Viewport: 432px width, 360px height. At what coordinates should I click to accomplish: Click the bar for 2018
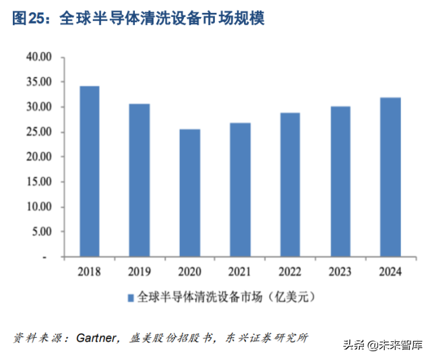(89, 171)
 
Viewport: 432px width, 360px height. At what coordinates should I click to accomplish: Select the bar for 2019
(139, 180)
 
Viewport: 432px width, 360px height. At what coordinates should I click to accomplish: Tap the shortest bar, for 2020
(189, 193)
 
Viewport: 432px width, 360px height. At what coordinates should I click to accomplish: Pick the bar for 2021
(239, 189)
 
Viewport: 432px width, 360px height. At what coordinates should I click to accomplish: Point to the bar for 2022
(290, 185)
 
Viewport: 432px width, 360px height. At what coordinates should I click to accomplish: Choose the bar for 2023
(340, 181)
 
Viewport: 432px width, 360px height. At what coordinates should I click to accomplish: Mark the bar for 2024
(390, 177)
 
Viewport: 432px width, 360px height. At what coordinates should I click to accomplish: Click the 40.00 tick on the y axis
(39, 57)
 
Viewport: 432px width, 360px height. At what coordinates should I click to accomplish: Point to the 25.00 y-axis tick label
(39, 132)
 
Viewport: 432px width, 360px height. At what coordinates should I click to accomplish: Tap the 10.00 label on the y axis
(39, 207)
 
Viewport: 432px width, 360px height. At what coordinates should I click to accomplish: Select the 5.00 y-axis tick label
(42, 232)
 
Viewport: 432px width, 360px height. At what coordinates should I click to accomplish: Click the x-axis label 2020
(189, 272)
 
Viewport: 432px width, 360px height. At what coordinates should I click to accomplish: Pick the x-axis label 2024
(390, 272)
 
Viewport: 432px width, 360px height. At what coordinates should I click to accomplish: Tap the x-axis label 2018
(89, 272)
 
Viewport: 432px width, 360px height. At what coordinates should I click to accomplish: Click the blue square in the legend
(130, 297)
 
